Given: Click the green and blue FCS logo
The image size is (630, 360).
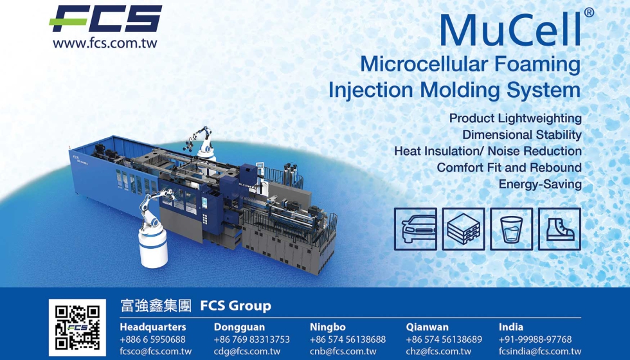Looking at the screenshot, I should (x=105, y=19).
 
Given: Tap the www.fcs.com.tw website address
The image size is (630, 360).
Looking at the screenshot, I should (x=105, y=44).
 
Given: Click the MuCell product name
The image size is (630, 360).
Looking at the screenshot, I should (x=511, y=29).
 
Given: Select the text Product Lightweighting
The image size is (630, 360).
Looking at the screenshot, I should (x=515, y=118).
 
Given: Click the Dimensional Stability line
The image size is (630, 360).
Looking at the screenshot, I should (x=521, y=135).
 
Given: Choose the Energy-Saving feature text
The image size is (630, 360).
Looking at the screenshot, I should (x=540, y=184).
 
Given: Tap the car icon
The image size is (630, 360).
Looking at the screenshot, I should (x=415, y=228).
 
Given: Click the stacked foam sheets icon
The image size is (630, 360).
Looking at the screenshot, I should (x=464, y=230).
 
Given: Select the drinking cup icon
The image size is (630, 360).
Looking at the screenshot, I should (x=511, y=229).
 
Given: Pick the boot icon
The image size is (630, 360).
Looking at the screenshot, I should (x=559, y=229).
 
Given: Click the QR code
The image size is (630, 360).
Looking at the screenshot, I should (x=77, y=328).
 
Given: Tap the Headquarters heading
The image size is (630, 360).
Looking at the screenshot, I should (x=152, y=327).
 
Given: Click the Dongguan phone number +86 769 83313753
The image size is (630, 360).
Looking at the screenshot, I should (x=251, y=339).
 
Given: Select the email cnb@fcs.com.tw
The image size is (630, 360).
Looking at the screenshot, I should (x=343, y=351).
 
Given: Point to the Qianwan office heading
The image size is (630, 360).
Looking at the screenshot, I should (x=427, y=327).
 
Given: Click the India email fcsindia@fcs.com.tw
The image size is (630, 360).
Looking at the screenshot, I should (x=539, y=351).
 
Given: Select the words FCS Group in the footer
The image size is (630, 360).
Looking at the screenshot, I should (x=235, y=306).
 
